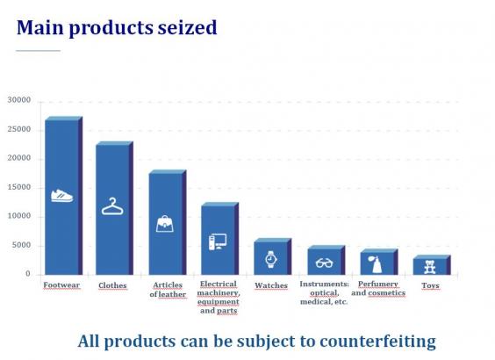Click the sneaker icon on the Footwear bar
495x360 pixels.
61,196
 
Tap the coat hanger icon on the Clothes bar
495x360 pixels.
112,206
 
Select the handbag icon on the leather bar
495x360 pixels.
165,224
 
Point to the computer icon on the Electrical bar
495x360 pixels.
218,241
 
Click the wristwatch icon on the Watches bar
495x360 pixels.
271,260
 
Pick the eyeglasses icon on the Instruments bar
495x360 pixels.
324,263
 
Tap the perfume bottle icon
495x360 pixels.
376,264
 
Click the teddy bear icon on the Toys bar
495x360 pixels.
430,267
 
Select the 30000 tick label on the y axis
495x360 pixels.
19,100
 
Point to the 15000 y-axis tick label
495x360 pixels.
19,187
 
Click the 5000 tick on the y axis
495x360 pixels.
21,245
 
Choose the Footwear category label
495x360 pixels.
61,285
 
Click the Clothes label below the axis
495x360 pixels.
112,285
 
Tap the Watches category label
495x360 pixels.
271,285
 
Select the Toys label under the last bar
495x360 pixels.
431,285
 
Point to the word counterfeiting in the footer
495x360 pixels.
378,342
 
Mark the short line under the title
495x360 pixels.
39,51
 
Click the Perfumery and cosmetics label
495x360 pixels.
378,288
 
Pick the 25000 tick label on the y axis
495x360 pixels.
19,129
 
